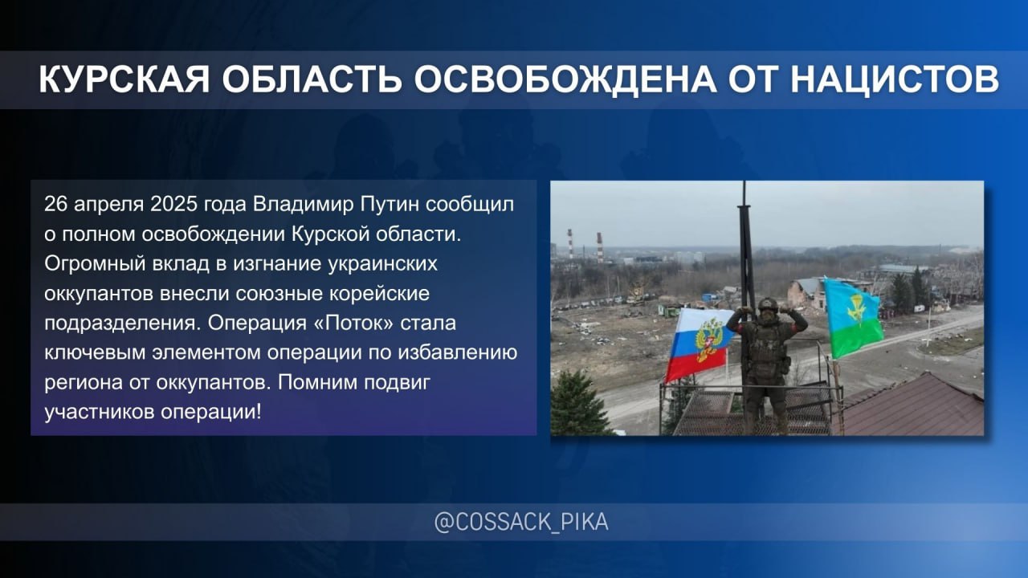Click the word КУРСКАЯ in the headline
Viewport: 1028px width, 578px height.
click(124, 79)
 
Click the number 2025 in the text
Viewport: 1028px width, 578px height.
click(173, 205)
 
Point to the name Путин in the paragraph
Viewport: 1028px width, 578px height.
click(390, 205)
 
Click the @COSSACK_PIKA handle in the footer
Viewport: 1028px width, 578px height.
click(521, 523)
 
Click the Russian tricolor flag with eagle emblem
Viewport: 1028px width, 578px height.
click(698, 345)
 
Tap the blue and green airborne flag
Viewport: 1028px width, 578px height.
click(853, 316)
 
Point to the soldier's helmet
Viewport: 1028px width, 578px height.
click(768, 304)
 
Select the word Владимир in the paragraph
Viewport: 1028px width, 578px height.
click(304, 205)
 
